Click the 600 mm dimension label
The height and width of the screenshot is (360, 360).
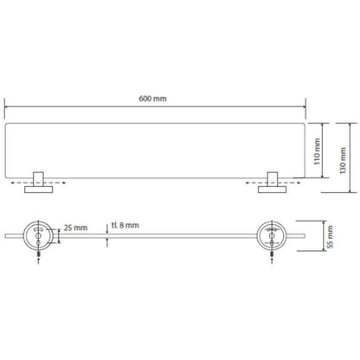tap(152, 99)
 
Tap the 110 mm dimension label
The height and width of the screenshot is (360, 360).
tap(317, 151)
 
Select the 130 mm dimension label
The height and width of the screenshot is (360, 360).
tap(343, 160)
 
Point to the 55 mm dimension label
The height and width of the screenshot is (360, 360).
tap(330, 237)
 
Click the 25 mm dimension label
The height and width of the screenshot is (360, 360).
tap(75, 228)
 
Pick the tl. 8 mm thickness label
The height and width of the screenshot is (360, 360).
tap(125, 225)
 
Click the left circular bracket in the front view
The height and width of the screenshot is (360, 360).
tap(38, 236)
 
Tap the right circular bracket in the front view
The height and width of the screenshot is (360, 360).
tap(272, 236)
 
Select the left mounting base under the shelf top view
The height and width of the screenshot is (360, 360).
tap(39, 190)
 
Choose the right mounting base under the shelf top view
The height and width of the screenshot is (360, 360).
tap(273, 190)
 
